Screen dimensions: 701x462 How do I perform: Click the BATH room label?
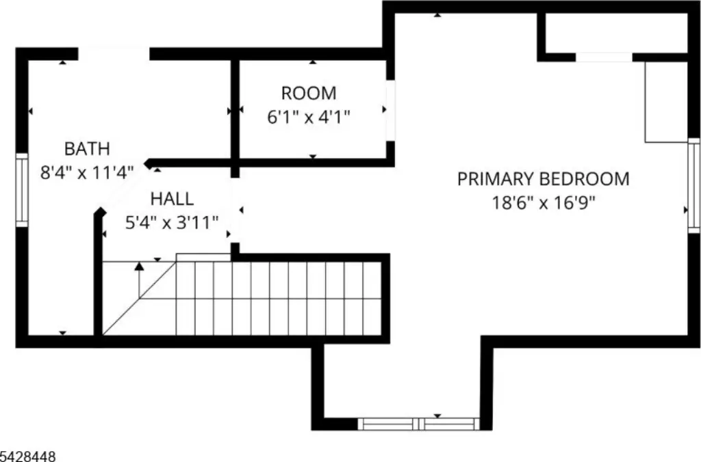[87, 148]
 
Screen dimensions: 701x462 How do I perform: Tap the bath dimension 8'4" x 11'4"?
[87, 172]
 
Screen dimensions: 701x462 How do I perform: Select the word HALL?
[172, 199]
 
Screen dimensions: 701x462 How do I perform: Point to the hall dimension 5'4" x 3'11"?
[172, 222]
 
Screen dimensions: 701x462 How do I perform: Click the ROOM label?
[309, 94]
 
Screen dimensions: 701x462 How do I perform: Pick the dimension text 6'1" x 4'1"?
[309, 118]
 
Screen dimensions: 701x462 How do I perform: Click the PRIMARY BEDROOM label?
[543, 178]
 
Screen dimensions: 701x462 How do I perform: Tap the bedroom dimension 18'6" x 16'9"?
[544, 203]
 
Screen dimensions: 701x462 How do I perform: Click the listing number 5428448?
[28, 457]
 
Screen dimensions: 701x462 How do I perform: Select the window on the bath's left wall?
[22, 190]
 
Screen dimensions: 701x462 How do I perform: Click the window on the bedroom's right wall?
[694, 185]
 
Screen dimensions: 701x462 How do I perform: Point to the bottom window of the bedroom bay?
[418, 424]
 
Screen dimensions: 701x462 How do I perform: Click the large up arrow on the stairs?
[140, 280]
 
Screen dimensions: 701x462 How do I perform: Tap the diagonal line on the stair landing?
[140, 298]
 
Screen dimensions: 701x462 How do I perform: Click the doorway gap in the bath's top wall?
[114, 53]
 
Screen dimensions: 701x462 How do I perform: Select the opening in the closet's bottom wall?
[604, 57]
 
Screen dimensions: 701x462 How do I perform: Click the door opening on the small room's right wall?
[390, 111]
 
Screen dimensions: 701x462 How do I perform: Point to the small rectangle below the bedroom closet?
[666, 103]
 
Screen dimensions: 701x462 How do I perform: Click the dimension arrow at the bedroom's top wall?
[437, 15]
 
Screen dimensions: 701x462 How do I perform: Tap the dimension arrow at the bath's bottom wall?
[62, 333]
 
